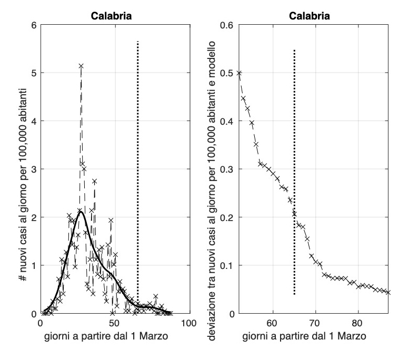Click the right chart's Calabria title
tap(310, 16)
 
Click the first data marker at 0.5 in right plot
tap(239, 73)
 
